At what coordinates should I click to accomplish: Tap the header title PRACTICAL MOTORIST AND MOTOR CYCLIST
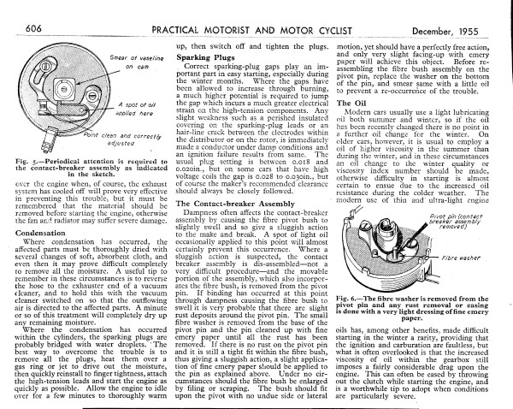256,9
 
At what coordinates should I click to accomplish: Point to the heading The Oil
353,102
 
